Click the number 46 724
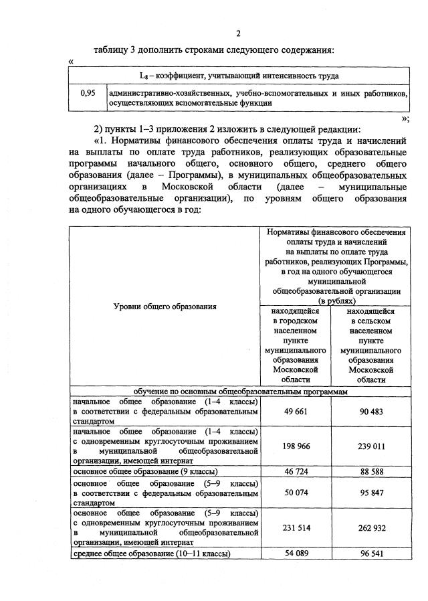coord(295,472)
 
